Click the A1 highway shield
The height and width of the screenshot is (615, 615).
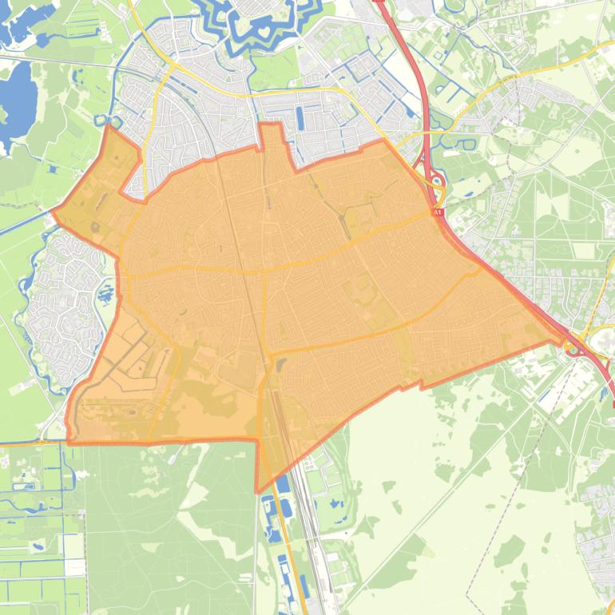[x=438, y=212]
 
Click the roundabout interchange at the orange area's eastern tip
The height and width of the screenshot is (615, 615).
[x=573, y=347]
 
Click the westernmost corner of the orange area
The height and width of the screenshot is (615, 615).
[x=54, y=212]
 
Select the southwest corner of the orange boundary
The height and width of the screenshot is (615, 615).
[x=69, y=441]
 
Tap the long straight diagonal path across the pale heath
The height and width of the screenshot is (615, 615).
[x=447, y=495]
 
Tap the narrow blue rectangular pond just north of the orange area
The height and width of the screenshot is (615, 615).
[x=300, y=118]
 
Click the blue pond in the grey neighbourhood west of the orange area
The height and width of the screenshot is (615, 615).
[x=105, y=296]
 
